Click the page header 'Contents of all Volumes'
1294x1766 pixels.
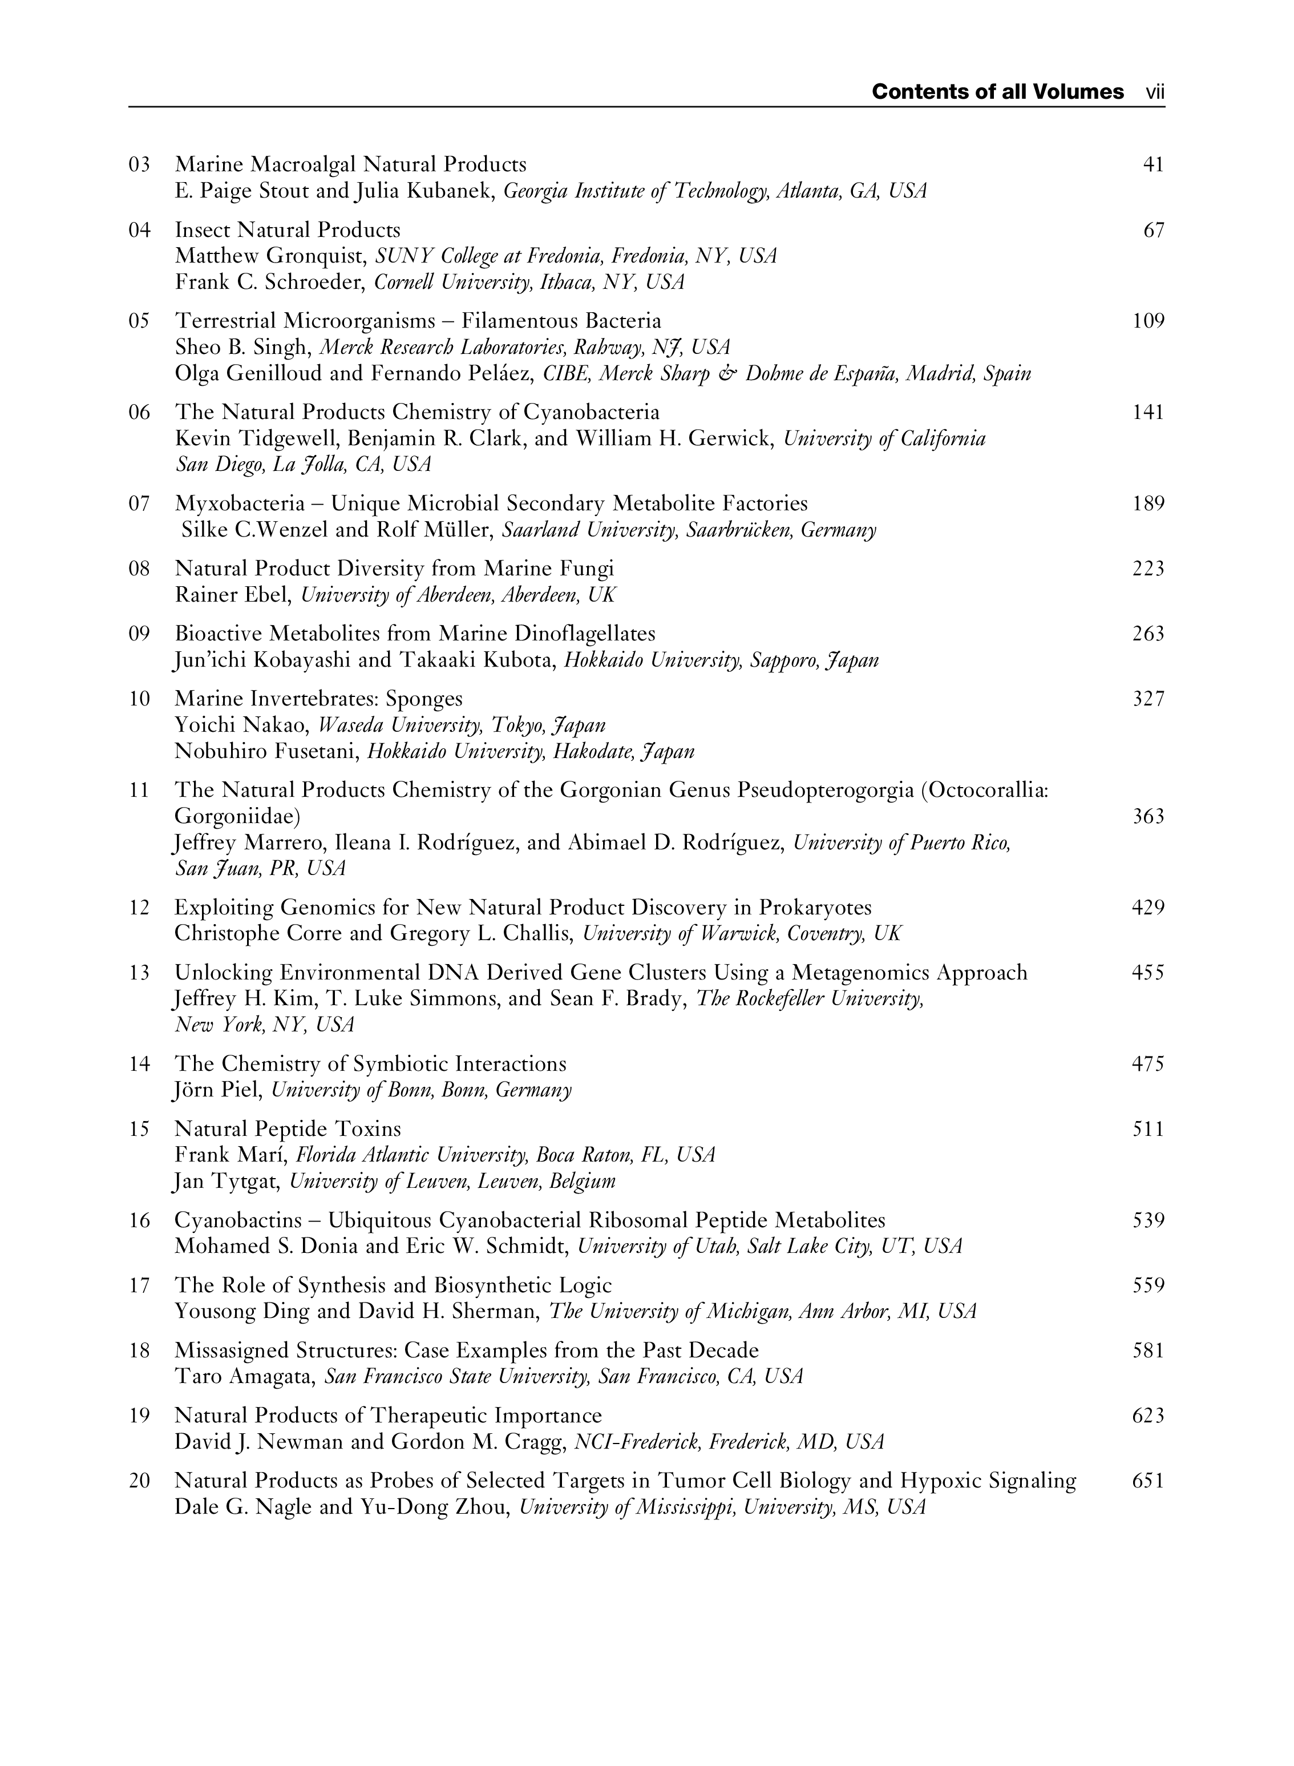[x=997, y=92]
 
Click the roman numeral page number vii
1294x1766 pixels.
[x=1155, y=92]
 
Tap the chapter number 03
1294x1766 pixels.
[x=139, y=164]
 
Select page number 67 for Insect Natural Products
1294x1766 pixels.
[x=1154, y=231]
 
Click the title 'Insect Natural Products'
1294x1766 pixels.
[x=288, y=231]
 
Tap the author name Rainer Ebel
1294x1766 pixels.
[x=233, y=595]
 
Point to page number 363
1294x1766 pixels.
[x=1149, y=816]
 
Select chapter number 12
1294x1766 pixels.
[x=139, y=908]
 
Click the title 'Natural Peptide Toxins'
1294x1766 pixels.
[x=288, y=1129]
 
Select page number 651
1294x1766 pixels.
[x=1149, y=1481]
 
